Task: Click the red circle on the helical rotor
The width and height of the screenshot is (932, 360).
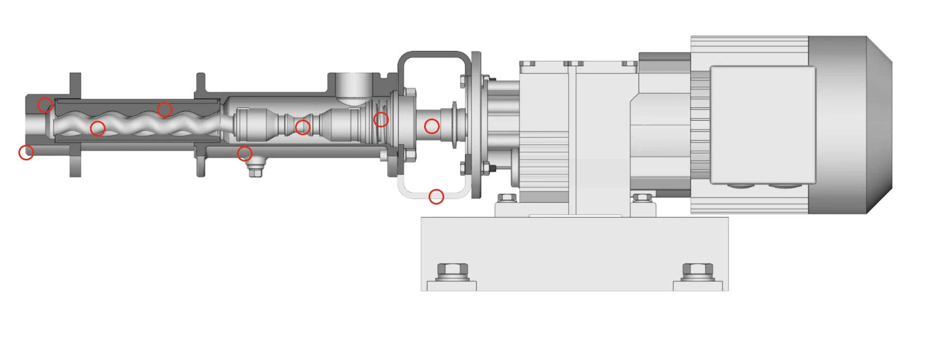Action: pyautogui.click(x=98, y=129)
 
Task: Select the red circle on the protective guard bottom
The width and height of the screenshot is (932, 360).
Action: pyautogui.click(x=436, y=197)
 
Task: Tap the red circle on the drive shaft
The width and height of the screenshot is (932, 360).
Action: pyautogui.click(x=431, y=126)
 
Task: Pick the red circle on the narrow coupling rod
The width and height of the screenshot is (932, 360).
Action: pyautogui.click(x=302, y=127)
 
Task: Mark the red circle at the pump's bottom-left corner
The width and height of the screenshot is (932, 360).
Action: pyautogui.click(x=26, y=152)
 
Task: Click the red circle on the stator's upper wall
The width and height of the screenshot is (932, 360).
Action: pyautogui.click(x=164, y=109)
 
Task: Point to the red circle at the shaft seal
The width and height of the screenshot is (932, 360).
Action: pyautogui.click(x=381, y=119)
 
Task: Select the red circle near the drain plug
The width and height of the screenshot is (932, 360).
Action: pyautogui.click(x=244, y=153)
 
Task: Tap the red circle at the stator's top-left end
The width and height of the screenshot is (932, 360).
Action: pyautogui.click(x=45, y=105)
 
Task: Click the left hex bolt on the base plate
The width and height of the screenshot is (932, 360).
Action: pyautogui.click(x=451, y=271)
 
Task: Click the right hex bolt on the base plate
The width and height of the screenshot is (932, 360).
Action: pyautogui.click(x=698, y=271)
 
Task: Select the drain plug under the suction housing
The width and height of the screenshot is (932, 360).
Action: pyautogui.click(x=255, y=169)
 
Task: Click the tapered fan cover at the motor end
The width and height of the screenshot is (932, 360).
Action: pyautogui.click(x=878, y=124)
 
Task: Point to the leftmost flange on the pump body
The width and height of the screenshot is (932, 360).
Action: pyautogui.click(x=75, y=124)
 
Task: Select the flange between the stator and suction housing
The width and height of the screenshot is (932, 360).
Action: pyautogui.click(x=200, y=124)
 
